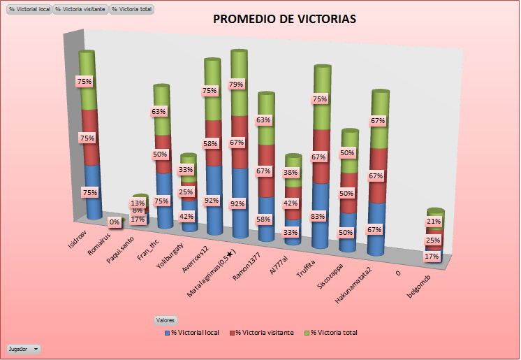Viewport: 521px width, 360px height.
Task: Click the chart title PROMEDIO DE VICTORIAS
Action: (284, 19)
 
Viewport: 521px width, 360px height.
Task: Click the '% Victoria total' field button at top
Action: (132, 10)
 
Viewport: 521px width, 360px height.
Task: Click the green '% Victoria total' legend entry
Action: (333, 333)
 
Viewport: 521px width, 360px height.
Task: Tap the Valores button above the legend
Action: (164, 319)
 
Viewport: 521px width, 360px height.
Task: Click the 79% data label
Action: (236, 85)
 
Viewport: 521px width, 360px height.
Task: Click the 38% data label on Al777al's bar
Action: (291, 173)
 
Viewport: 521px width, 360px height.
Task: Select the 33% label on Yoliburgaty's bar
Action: (186, 169)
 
